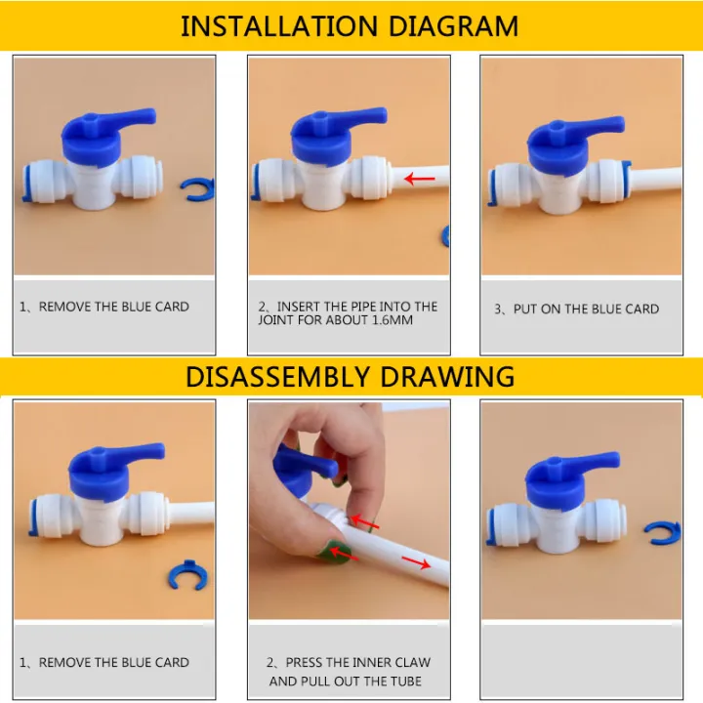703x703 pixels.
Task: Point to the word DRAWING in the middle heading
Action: point(457,376)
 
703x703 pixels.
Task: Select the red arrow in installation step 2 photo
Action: point(421,179)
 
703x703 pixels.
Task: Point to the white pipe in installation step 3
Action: point(664,181)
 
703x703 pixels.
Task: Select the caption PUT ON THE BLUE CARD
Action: point(586,309)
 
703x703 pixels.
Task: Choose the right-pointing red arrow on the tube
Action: point(416,563)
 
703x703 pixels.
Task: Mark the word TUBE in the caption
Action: point(402,681)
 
